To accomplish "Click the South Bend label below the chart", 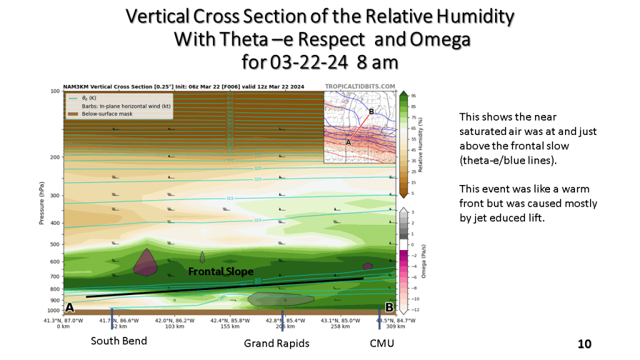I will coord(119,341).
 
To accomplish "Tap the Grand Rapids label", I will coord(276,344).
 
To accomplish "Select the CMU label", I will coord(382,342).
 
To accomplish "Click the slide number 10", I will coord(584,344).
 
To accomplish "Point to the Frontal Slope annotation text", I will coord(221,272).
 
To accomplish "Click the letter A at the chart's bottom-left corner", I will coord(69,307).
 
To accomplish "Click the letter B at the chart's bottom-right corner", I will coord(389,307).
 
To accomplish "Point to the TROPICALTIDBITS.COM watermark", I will coord(360,87).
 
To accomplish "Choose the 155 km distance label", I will coord(225,327).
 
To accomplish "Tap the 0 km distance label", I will coord(62,327).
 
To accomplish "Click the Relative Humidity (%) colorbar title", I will coord(421,144).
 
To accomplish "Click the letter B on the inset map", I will coord(371,111).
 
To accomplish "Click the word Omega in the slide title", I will coord(439,39).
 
